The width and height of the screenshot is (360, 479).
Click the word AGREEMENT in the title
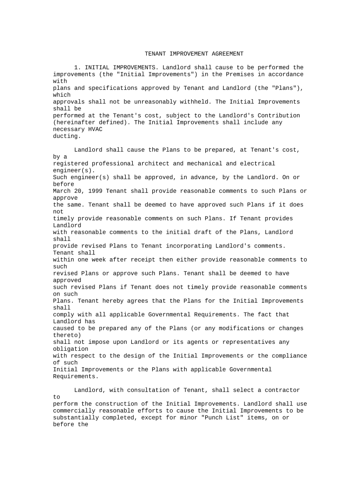pos(226,54)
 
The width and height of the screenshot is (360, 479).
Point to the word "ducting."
pos(67,136)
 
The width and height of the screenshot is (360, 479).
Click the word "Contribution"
pos(279,116)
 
